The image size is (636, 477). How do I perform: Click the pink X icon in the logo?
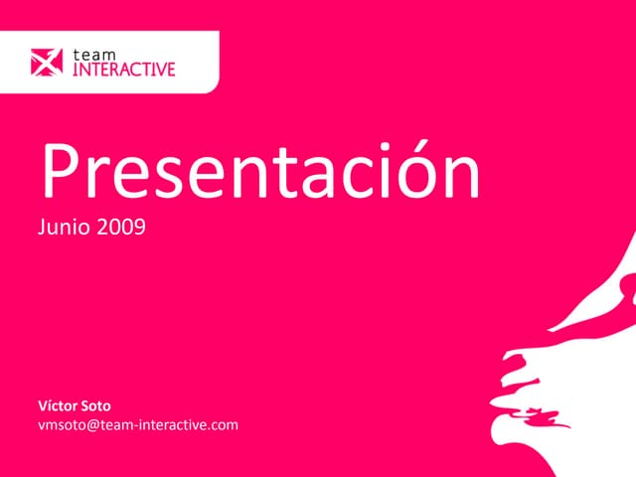(x=47, y=63)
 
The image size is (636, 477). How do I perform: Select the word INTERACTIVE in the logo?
(x=125, y=70)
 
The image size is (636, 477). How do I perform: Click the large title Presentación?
(x=259, y=172)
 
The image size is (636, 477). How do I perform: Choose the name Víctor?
(x=58, y=406)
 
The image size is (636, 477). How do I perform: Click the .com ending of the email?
(x=223, y=425)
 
